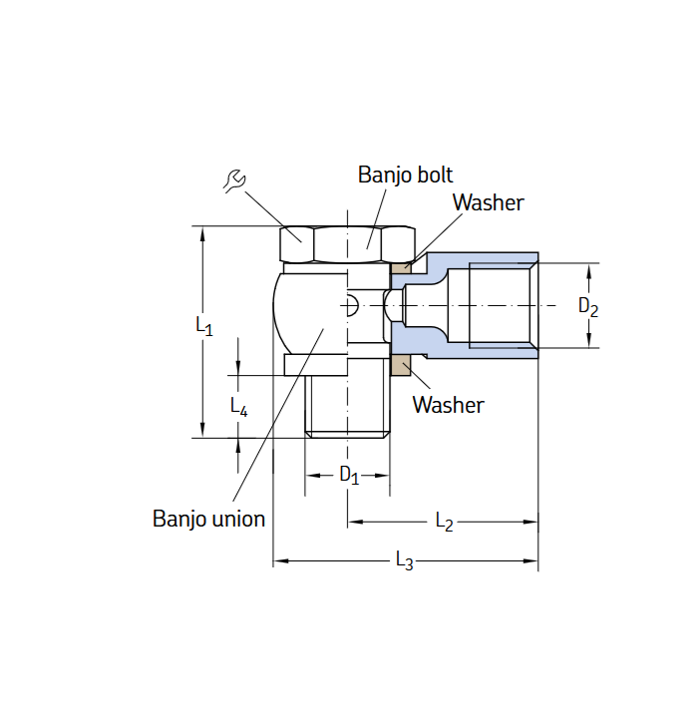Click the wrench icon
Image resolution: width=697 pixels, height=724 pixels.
234,181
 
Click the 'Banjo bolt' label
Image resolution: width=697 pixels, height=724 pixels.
405,175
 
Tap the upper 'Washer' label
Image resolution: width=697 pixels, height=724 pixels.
488,202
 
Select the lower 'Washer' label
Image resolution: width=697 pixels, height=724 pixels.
448,405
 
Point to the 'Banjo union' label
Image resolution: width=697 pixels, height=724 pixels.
208,519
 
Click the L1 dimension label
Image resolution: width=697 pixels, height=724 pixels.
203,325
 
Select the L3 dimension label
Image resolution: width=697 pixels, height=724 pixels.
404,561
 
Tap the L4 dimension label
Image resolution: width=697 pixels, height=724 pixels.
238,406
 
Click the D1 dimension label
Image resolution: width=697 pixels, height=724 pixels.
348,475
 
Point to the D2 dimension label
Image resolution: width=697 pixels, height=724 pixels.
588,307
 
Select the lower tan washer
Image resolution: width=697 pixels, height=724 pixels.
401,366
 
